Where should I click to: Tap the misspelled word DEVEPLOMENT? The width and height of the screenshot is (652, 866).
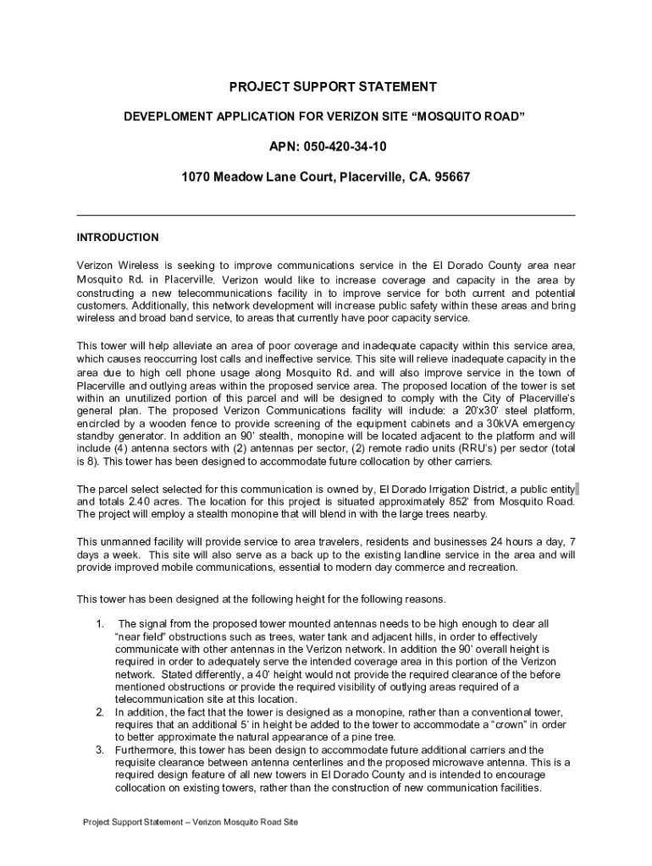pyautogui.click(x=165, y=116)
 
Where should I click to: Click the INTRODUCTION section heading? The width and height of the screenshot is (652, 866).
pyautogui.click(x=118, y=238)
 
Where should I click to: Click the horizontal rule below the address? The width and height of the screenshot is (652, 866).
pyautogui.click(x=326, y=216)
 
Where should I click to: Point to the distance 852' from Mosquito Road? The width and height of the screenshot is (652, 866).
pyautogui.click(x=468, y=501)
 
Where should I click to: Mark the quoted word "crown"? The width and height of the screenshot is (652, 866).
pyautogui.click(x=508, y=725)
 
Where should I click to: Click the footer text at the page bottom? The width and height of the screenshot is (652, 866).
pyautogui.click(x=191, y=822)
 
